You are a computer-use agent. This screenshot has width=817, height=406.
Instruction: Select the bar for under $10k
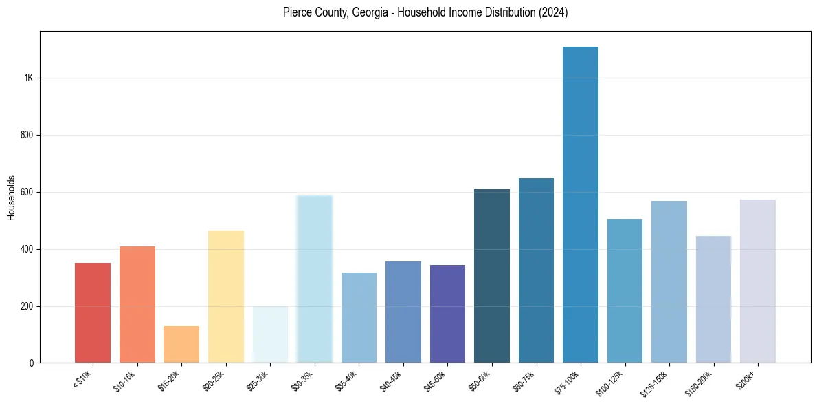tap(93, 312)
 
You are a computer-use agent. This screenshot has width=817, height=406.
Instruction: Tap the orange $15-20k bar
tap(181, 344)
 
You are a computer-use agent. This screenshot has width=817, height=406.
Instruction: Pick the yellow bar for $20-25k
tap(226, 297)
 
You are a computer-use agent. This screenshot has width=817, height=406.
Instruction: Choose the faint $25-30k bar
tap(270, 334)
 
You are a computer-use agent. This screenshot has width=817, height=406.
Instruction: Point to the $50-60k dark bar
tap(492, 276)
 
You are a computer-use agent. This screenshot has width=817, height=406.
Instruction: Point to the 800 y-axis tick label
tap(27, 136)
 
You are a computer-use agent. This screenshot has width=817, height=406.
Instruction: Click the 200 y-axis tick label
tap(27, 306)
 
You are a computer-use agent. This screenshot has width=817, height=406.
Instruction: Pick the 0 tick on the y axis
tap(32, 363)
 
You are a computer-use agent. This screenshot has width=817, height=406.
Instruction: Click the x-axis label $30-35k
tap(302, 381)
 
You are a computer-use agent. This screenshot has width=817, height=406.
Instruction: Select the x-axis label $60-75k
tap(524, 381)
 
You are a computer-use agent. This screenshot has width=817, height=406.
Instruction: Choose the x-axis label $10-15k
tap(125, 381)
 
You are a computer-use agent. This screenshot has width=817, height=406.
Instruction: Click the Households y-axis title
tap(12, 197)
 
